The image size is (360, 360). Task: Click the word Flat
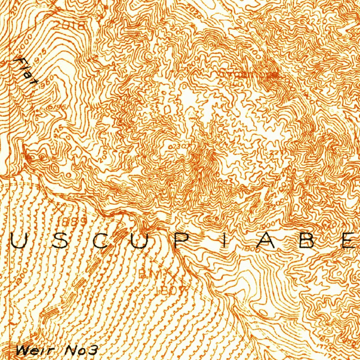tap(26, 72)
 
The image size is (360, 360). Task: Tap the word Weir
tap(34, 350)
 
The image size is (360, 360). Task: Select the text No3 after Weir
tap(81, 350)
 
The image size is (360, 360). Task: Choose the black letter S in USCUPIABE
tap(60, 242)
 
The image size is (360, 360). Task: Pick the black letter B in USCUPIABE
tap(307, 242)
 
